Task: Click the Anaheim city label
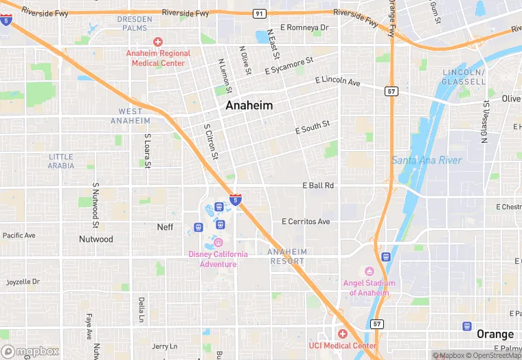(249, 106)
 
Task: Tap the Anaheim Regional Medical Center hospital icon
(157, 43)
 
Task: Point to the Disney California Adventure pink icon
(218, 242)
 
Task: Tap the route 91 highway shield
(259, 13)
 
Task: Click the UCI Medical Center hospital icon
(342, 334)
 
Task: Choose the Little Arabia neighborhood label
(61, 161)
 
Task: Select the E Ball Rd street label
(318, 185)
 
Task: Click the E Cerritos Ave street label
(306, 222)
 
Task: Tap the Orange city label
(495, 334)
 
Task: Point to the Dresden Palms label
(135, 23)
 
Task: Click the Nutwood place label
(95, 239)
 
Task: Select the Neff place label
(165, 227)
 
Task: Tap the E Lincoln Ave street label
(337, 82)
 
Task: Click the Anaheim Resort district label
(287, 256)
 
